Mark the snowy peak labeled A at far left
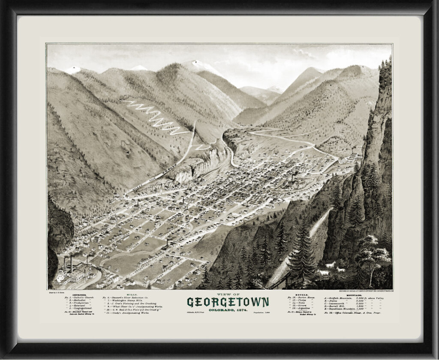[73, 69]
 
